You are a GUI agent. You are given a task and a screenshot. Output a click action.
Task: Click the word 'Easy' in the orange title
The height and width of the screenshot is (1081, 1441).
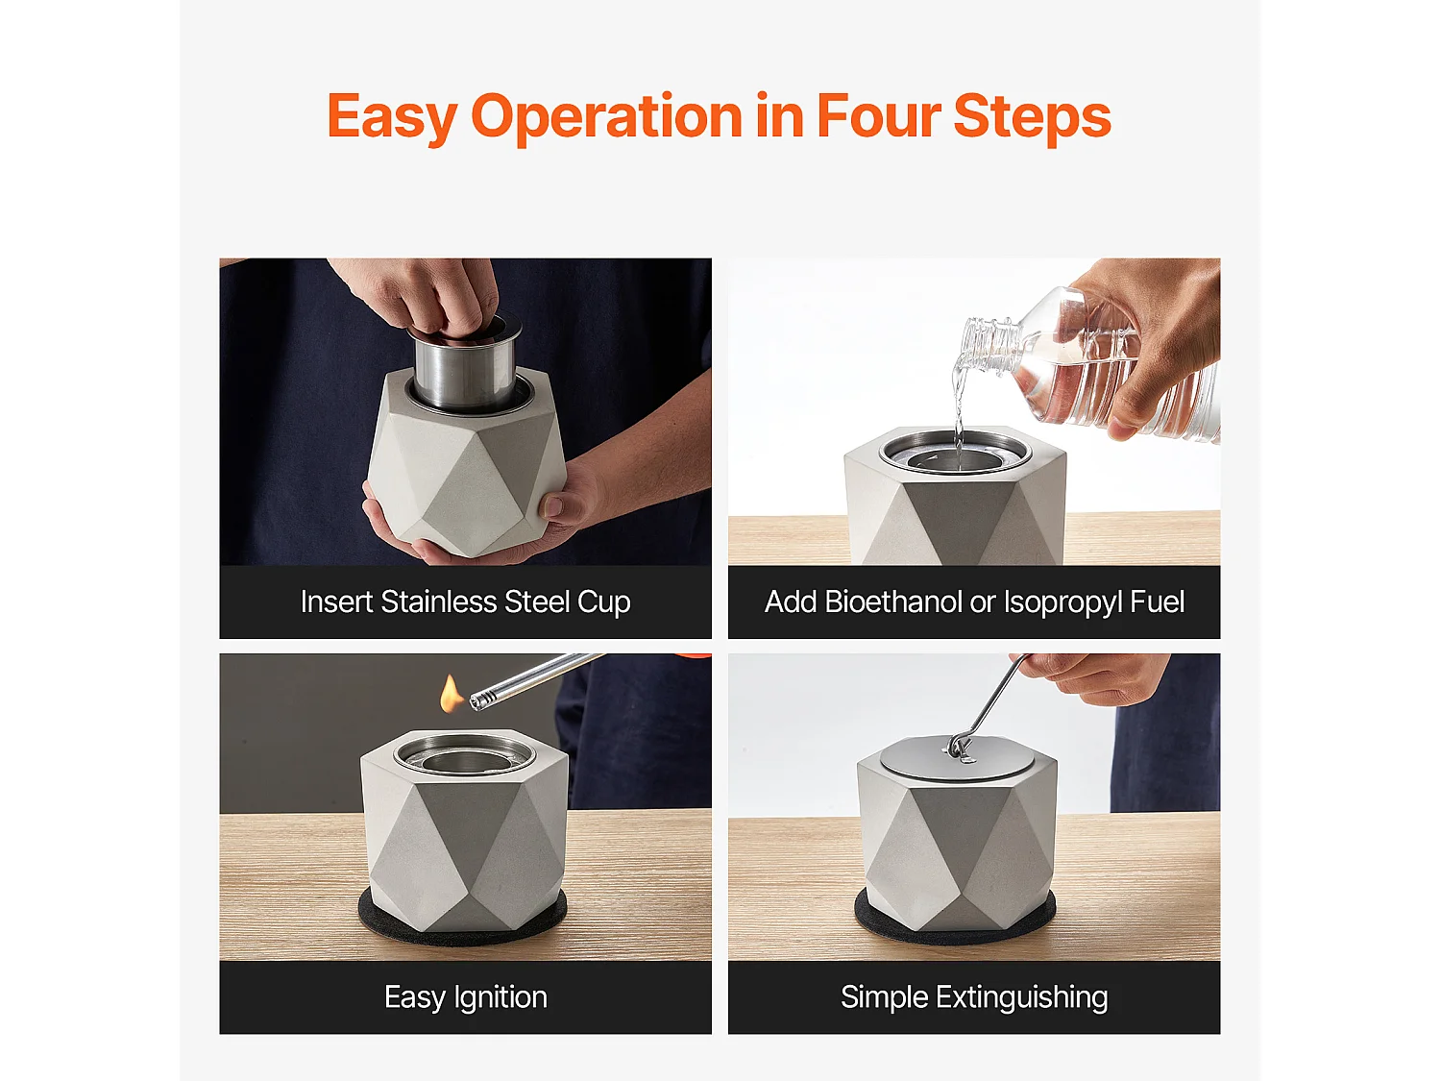click(x=392, y=117)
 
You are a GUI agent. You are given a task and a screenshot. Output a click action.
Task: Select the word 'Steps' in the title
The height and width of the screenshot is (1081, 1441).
click(x=1032, y=118)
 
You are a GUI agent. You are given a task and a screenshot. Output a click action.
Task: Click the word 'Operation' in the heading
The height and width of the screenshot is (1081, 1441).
click(x=606, y=119)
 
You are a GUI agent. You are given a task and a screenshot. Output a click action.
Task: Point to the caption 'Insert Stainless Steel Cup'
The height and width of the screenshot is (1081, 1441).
click(x=466, y=602)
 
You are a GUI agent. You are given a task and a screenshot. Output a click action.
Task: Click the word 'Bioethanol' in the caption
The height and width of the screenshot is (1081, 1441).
click(x=892, y=602)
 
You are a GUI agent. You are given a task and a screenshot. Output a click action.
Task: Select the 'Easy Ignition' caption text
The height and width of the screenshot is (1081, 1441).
click(x=466, y=997)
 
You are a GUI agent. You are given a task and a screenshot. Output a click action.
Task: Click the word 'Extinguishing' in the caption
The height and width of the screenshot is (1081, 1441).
click(x=1021, y=997)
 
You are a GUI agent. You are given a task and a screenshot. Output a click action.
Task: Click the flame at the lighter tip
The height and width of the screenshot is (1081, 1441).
click(x=451, y=695)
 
